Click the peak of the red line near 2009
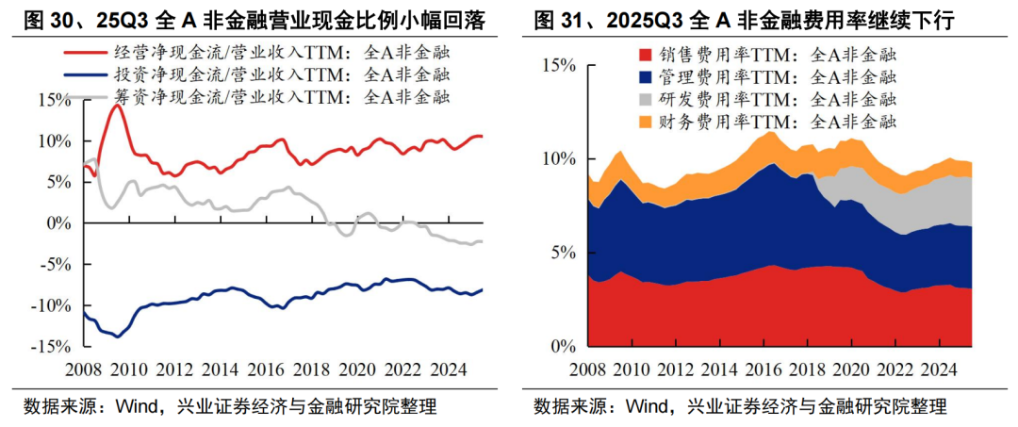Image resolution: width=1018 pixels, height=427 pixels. [116, 106]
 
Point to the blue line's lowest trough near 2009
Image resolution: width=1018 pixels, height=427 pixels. [117, 336]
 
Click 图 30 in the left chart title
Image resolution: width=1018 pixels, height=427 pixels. [35, 19]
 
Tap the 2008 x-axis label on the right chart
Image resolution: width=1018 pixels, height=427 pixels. [587, 369]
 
